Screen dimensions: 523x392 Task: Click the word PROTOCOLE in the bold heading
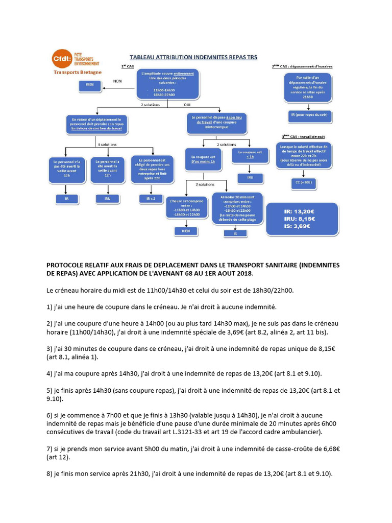pyautogui.click(x=67, y=265)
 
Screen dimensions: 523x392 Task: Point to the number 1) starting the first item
pyautogui.click(x=50, y=306)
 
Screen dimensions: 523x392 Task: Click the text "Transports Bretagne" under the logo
pyautogui.click(x=78, y=73)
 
